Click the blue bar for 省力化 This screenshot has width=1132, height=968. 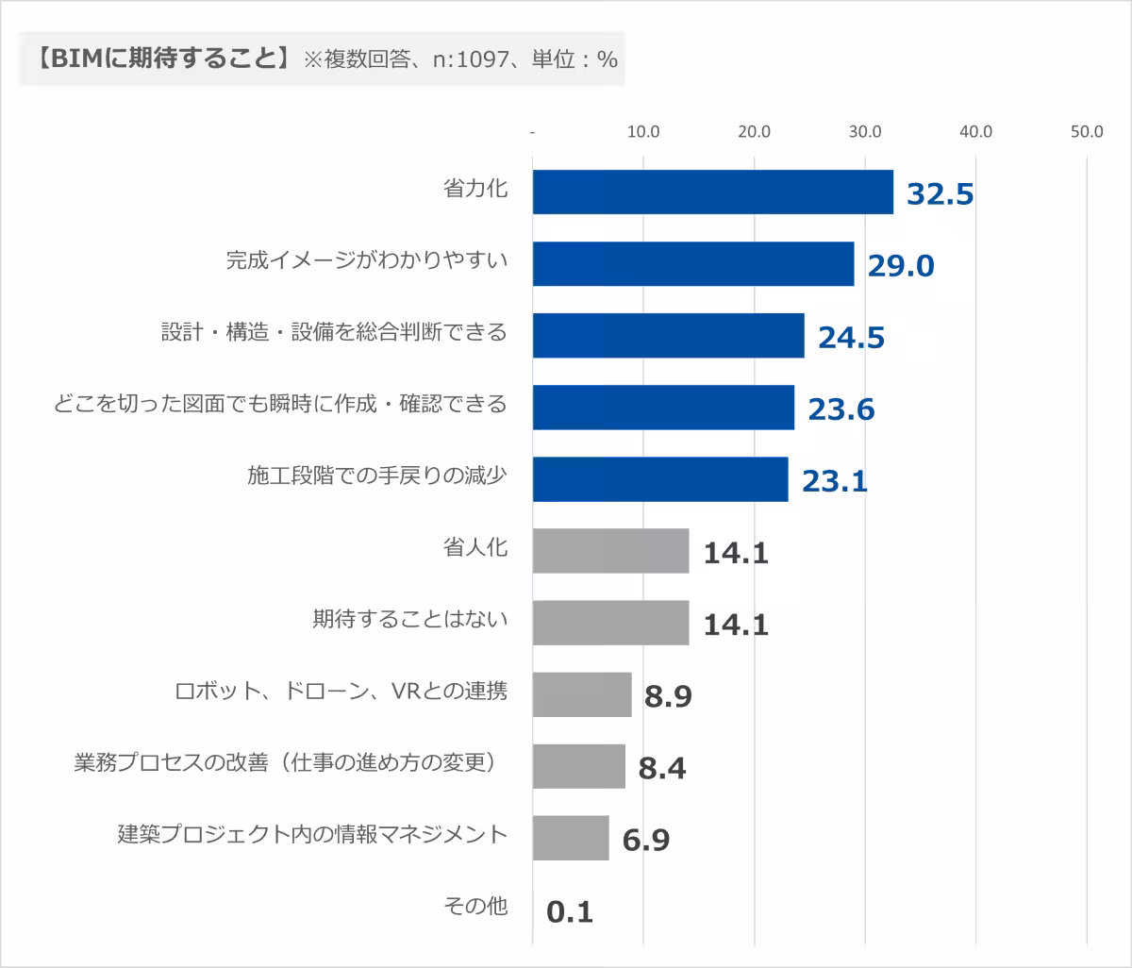point(712,192)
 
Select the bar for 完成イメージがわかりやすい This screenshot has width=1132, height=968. point(693,264)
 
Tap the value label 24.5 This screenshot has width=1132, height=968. point(851,337)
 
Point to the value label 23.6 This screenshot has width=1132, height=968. point(841,409)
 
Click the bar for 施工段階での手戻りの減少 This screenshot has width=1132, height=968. point(660,479)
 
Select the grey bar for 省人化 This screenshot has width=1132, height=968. point(610,551)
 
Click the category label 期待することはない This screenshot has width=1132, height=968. point(409,620)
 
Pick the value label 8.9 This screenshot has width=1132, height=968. point(669,696)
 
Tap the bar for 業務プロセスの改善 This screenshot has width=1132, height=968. point(579,766)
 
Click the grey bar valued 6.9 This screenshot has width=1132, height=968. point(571,838)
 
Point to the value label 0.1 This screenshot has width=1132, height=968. point(570,912)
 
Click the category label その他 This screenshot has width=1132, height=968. point(475,907)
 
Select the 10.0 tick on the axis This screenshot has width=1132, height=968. point(643,132)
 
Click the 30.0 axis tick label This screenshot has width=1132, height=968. point(865,132)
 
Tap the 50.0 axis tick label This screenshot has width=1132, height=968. point(1087,132)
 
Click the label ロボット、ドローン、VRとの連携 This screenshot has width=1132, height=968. point(341,692)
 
